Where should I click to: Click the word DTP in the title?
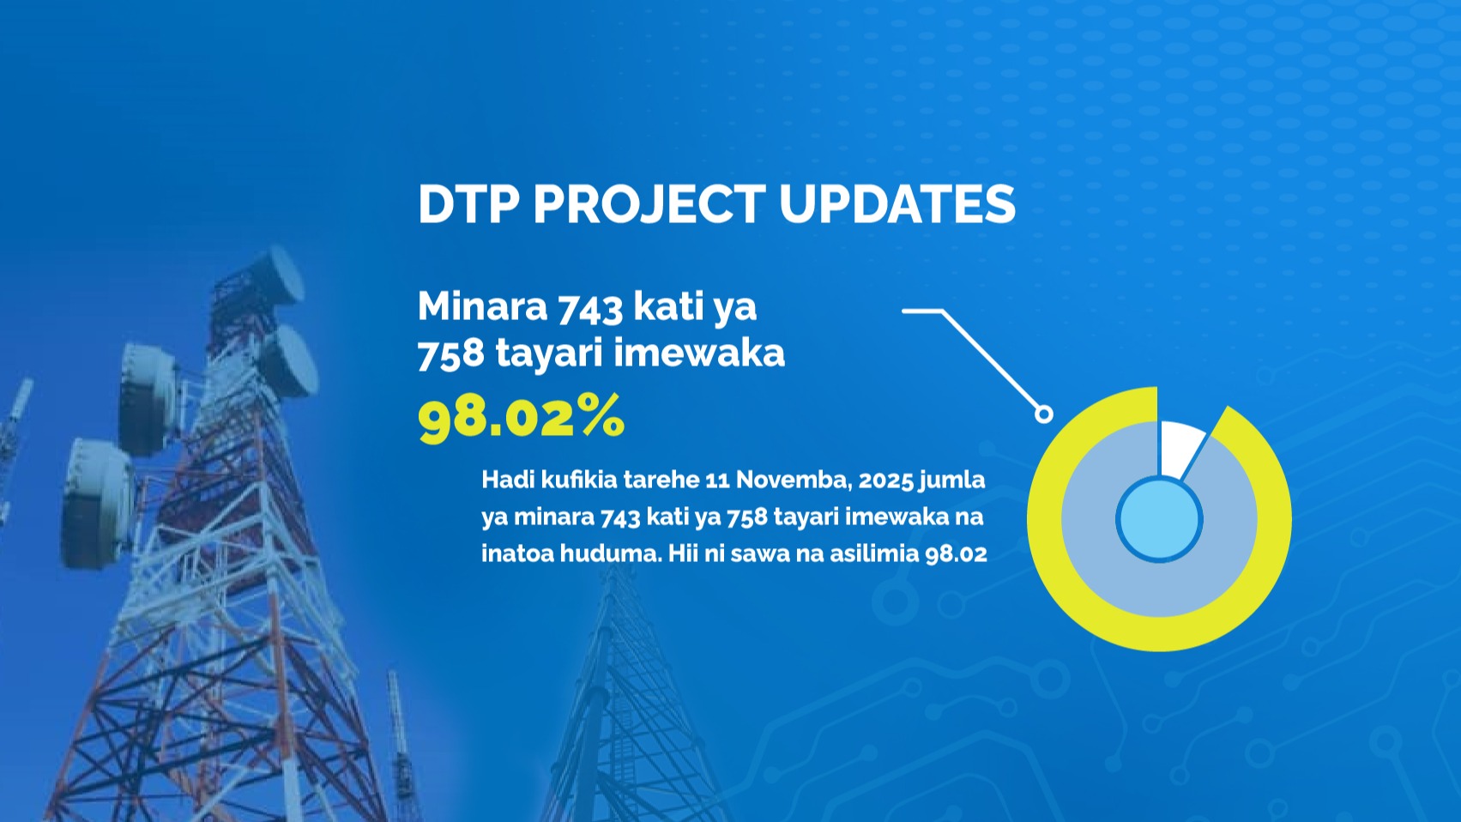468,204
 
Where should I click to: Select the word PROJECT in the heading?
649,204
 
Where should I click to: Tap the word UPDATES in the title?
897,204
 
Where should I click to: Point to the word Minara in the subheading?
483,305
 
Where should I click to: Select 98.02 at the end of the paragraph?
957,554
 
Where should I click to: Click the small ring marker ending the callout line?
1043,414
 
